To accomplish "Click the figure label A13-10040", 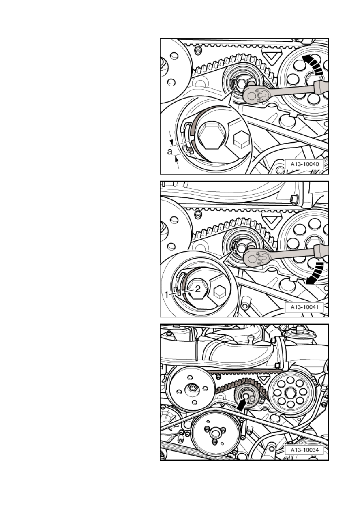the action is tap(304, 164).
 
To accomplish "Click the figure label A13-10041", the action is tap(304, 307).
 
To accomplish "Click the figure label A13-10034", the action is tap(304, 450).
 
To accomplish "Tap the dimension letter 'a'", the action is tap(170, 151).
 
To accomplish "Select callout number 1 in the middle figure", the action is tap(167, 295).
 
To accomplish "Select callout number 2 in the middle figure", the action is tap(198, 289).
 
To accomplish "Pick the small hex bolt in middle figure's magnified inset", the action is tap(220, 291).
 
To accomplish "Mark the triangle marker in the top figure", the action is tap(271, 56).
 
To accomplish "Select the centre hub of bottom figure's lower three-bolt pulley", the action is tap(214, 432).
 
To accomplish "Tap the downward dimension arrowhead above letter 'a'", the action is tap(171, 142).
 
